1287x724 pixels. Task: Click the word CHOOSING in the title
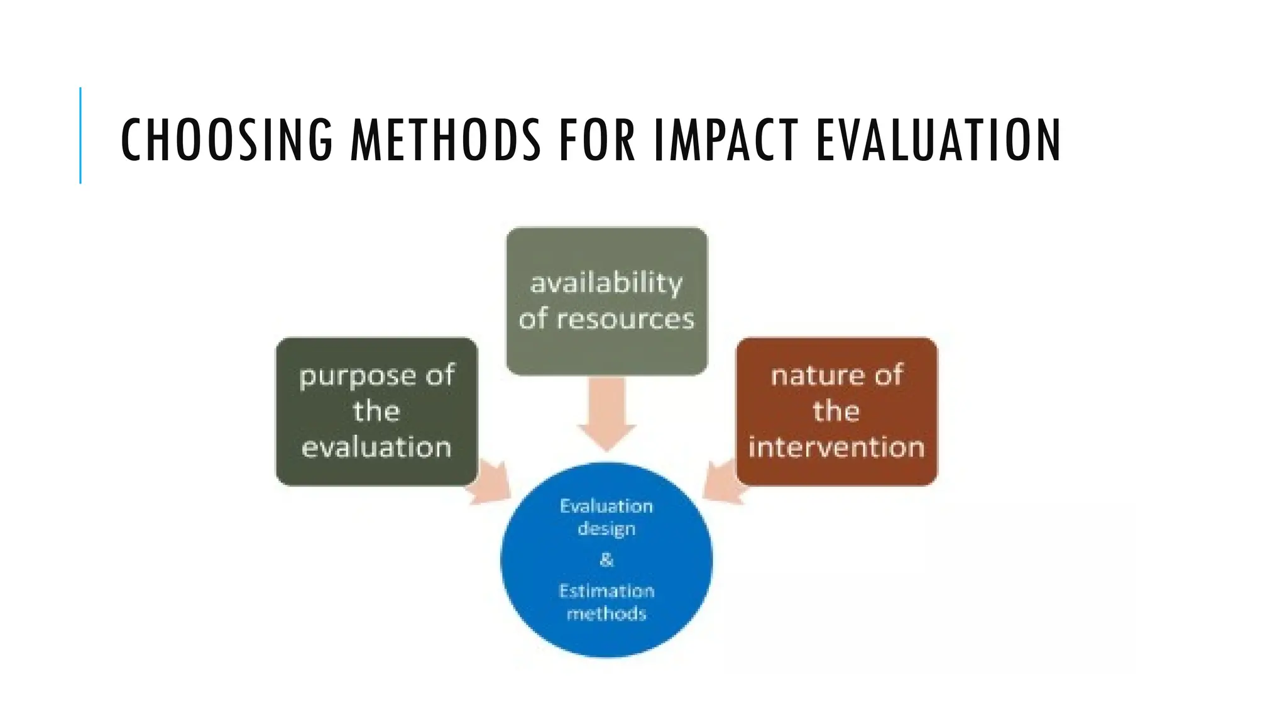pos(226,140)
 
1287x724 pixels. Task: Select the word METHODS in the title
pos(446,140)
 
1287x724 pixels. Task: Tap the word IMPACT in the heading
pos(726,140)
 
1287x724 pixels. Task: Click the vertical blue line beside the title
pos(80,135)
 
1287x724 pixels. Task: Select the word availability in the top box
pos(606,283)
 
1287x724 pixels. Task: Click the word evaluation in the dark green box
pos(376,447)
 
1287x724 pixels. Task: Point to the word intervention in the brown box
pos(836,447)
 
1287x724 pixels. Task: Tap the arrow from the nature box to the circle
pos(721,483)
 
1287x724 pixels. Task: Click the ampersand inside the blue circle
pos(606,559)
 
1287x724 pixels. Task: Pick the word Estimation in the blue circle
pos(606,591)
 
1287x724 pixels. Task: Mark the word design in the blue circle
pos(606,529)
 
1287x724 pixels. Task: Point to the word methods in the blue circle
pos(606,613)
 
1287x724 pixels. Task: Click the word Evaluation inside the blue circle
pos(606,506)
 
